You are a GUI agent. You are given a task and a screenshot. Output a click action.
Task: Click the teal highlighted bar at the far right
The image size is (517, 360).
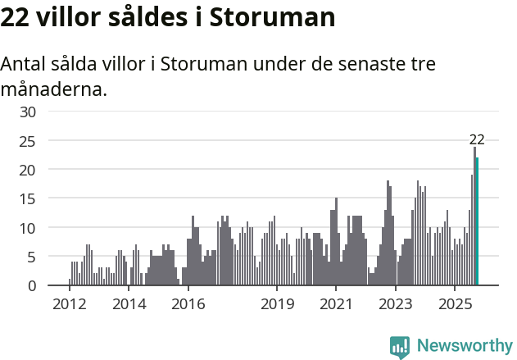[477, 221]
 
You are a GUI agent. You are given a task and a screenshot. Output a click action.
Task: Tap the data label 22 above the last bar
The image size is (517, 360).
[477, 139]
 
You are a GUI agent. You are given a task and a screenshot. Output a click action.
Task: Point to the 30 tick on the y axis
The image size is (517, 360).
[28, 112]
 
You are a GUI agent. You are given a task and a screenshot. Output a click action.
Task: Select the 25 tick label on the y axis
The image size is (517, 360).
[28, 141]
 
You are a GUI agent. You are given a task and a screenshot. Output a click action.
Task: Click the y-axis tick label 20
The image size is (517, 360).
[28, 170]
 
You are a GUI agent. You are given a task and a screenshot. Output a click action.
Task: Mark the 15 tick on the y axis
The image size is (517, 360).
[28, 198]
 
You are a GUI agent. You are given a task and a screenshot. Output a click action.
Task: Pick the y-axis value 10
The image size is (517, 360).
[28, 228]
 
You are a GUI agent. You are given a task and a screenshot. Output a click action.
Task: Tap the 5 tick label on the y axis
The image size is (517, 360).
[32, 257]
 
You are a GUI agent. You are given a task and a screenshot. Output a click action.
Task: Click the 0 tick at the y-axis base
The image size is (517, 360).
[32, 285]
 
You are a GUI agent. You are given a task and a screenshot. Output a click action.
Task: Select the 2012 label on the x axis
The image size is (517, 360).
[70, 304]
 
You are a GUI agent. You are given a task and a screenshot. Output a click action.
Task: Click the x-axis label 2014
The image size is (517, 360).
[129, 304]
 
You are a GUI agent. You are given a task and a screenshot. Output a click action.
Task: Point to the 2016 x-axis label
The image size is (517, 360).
[188, 304]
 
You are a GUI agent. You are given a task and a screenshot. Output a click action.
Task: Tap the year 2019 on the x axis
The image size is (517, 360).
[277, 304]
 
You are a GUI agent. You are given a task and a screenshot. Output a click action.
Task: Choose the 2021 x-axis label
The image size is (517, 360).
[336, 304]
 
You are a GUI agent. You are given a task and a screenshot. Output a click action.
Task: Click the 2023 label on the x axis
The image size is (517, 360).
[396, 304]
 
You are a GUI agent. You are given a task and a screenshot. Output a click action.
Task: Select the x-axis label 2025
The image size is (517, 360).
[455, 304]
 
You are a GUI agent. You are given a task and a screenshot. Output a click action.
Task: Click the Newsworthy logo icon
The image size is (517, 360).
[400, 347]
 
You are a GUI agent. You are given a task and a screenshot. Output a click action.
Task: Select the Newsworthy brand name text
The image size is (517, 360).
[464, 346]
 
